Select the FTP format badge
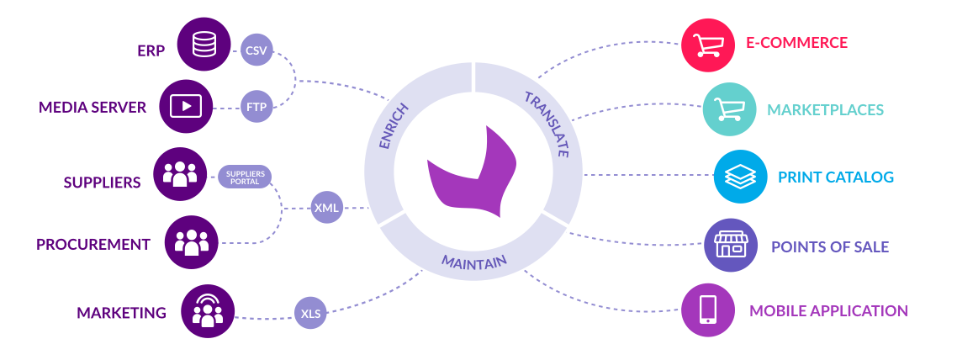256,107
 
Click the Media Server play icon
185,106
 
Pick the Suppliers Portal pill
244,176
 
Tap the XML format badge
327,207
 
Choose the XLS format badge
309,314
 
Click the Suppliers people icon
180,174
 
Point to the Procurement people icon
192,242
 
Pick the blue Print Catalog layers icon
741,177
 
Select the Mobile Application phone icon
708,310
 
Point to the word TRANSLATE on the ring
547,124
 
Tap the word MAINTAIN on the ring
474,262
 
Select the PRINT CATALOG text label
835,177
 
